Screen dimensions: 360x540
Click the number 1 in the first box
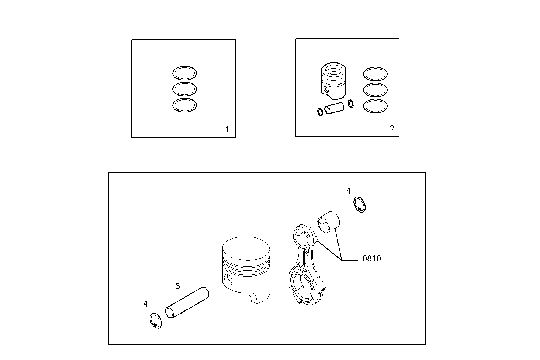(x=227, y=130)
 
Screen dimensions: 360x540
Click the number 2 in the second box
(x=392, y=129)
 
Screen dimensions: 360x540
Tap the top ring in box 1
(x=184, y=73)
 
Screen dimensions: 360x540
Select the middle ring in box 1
(x=184, y=89)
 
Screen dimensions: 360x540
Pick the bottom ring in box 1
(x=184, y=105)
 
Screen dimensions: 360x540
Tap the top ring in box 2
(x=375, y=74)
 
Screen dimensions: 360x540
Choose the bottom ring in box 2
(x=375, y=106)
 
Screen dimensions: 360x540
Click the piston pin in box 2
(x=334, y=109)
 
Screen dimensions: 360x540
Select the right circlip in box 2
(x=351, y=103)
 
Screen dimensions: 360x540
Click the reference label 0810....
(x=376, y=259)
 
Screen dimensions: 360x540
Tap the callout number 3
(x=177, y=286)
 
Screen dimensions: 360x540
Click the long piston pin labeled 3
(x=187, y=302)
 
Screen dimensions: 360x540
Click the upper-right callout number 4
(x=348, y=191)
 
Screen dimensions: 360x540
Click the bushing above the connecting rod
(x=328, y=222)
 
